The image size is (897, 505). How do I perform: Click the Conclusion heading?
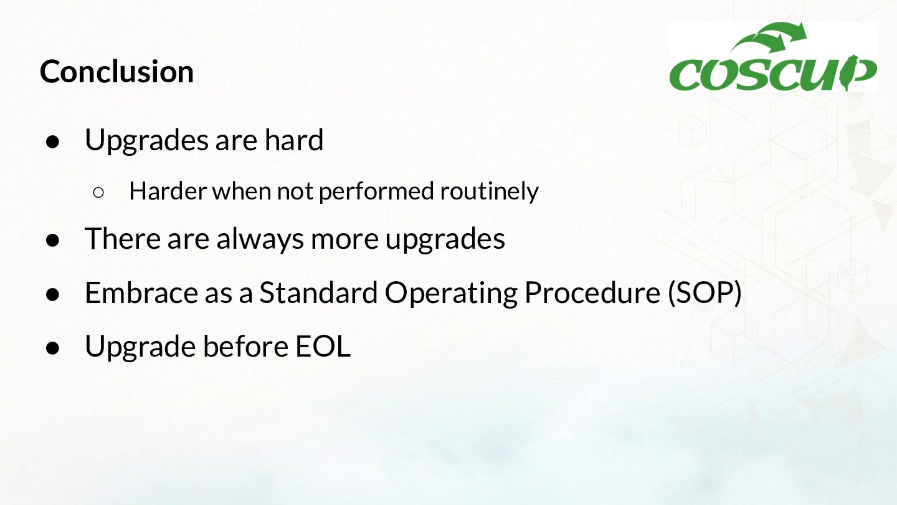click(116, 72)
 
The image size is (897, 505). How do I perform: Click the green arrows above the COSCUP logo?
click(769, 37)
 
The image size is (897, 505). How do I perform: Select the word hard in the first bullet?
click(294, 140)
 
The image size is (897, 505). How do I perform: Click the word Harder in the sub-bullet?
click(168, 191)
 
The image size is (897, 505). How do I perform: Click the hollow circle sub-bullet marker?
click(98, 193)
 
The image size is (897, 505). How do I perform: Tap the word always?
click(260, 239)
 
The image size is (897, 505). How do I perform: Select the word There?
click(123, 238)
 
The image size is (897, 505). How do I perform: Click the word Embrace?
click(141, 292)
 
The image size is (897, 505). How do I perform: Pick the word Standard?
click(319, 292)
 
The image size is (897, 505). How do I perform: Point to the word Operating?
click(451, 294)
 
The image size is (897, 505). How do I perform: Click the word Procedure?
click(592, 292)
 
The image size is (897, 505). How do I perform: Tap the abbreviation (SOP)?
click(705, 293)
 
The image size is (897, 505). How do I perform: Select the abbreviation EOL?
click(323, 346)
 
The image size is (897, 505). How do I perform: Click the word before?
click(246, 346)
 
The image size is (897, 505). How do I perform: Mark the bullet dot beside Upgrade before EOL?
click(52, 349)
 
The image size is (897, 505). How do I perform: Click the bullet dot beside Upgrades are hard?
click(52, 142)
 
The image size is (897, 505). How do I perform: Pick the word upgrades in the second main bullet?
click(445, 240)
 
